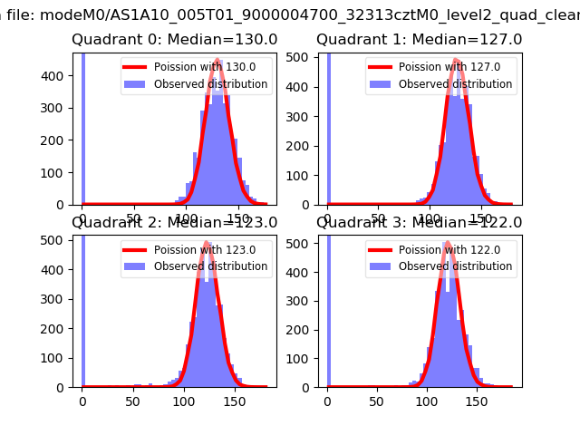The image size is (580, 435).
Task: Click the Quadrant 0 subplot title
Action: [x=175, y=40]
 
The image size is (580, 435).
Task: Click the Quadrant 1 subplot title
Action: [x=419, y=40]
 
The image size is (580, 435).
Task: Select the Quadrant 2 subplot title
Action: [x=175, y=223]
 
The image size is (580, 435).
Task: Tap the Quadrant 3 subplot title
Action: [x=419, y=223]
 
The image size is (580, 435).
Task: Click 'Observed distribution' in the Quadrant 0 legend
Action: [x=210, y=84]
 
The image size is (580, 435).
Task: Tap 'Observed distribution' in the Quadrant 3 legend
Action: [x=455, y=266]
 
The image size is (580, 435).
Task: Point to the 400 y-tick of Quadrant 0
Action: [x=57, y=75]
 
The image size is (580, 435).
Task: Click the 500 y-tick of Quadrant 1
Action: [x=302, y=57]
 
